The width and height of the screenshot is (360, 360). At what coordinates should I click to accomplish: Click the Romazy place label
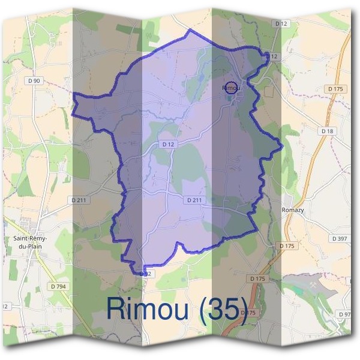click(x=293, y=210)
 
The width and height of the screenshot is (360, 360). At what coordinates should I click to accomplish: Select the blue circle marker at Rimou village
click(x=231, y=88)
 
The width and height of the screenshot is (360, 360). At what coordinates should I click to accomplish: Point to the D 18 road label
click(x=327, y=131)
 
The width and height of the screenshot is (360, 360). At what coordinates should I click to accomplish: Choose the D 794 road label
click(x=58, y=287)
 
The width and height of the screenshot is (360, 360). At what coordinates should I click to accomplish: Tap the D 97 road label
click(x=345, y=314)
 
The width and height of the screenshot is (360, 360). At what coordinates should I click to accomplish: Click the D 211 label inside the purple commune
click(x=196, y=200)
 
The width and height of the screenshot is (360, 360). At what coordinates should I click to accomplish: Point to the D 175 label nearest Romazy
click(x=288, y=246)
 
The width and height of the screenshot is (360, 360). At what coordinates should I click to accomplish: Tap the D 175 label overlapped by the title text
click(x=250, y=313)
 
